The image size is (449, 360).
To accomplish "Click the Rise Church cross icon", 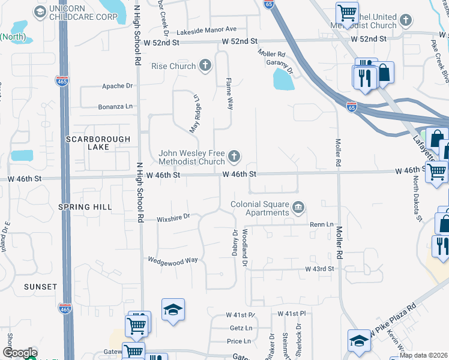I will [x=205, y=65].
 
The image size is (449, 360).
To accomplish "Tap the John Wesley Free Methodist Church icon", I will [x=234, y=157].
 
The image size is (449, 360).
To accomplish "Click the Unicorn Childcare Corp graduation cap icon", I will [x=40, y=11].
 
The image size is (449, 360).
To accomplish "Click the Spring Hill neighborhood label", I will [x=85, y=207].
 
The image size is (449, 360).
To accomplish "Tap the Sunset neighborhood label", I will [x=40, y=287].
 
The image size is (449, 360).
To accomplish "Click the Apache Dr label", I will [x=117, y=86].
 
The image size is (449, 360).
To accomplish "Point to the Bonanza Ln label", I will [x=115, y=107].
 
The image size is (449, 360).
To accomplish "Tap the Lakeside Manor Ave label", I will [x=206, y=29].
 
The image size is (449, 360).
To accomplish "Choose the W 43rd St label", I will [x=319, y=269].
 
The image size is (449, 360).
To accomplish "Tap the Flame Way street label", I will [x=229, y=92].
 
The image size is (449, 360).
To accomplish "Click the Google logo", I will [x=19, y=353].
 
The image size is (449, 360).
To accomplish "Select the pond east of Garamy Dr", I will [x=283, y=79].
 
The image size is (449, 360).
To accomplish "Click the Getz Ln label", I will [x=240, y=328].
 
